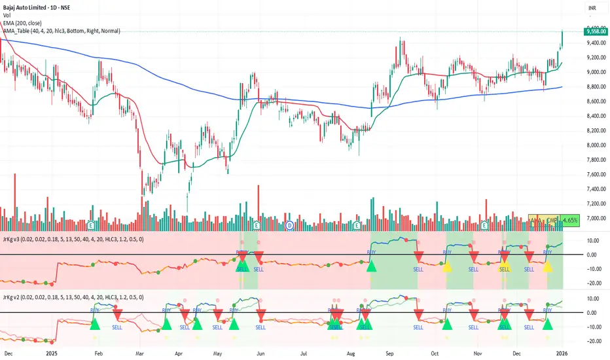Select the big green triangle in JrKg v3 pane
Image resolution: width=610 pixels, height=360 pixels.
click(372, 266)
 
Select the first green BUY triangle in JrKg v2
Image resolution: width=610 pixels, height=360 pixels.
click(95, 323)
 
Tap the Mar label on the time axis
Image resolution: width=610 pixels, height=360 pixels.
click(139, 351)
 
